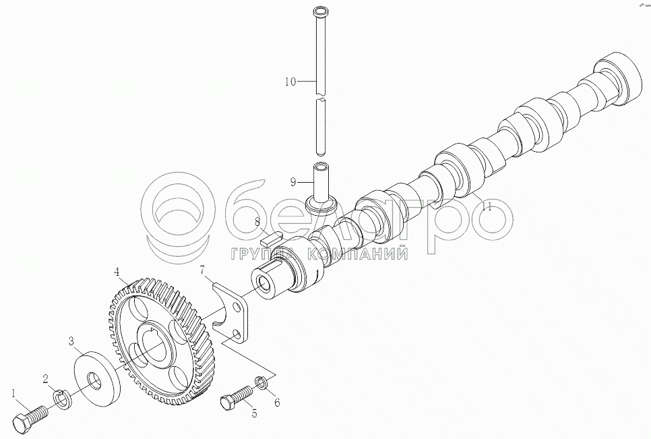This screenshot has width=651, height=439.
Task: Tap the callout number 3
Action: [71, 342]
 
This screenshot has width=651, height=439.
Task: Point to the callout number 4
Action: [117, 272]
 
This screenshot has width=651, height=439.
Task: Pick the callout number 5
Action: [254, 413]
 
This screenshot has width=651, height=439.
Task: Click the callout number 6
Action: [276, 403]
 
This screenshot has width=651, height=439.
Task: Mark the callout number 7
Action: [201, 271]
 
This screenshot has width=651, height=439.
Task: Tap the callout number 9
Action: [293, 182]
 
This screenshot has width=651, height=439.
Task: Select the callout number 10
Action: [290, 82]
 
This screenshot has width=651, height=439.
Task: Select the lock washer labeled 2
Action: [62, 399]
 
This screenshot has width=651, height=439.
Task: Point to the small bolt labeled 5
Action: [235, 397]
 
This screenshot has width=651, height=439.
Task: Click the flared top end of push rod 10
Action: [321, 11]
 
